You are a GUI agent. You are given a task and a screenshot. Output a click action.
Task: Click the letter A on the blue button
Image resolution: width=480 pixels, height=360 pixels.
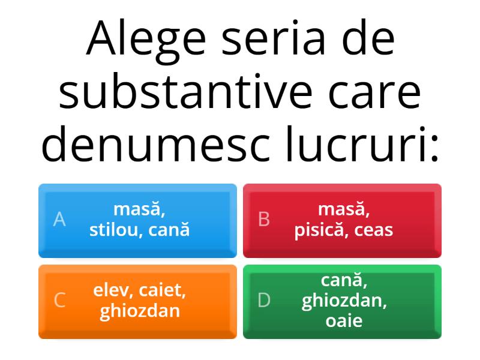click(x=59, y=220)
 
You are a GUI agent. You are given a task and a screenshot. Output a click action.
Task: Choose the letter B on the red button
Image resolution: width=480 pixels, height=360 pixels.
click(x=263, y=220)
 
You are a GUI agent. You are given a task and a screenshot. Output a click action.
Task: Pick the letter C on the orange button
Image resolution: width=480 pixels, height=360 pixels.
click(x=59, y=300)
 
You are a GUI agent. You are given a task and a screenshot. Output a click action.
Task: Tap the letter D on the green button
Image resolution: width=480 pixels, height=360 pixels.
click(x=264, y=300)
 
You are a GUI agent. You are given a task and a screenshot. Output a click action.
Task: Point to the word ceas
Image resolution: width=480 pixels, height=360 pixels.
click(x=374, y=229)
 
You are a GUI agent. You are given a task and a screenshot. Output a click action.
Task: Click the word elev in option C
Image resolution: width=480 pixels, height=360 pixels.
click(x=112, y=292)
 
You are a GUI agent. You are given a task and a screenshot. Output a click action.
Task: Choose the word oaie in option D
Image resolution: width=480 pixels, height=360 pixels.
click(x=344, y=320)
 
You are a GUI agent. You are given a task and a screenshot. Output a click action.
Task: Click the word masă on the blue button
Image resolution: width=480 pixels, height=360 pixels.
click(x=139, y=210)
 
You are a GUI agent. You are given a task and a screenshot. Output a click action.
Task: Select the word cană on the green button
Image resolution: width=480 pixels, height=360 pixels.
click(x=344, y=280)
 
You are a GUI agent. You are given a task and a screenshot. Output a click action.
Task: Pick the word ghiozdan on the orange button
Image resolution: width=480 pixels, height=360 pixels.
click(x=139, y=311)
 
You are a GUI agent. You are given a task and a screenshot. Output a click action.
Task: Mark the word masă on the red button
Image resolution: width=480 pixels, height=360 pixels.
click(x=344, y=210)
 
